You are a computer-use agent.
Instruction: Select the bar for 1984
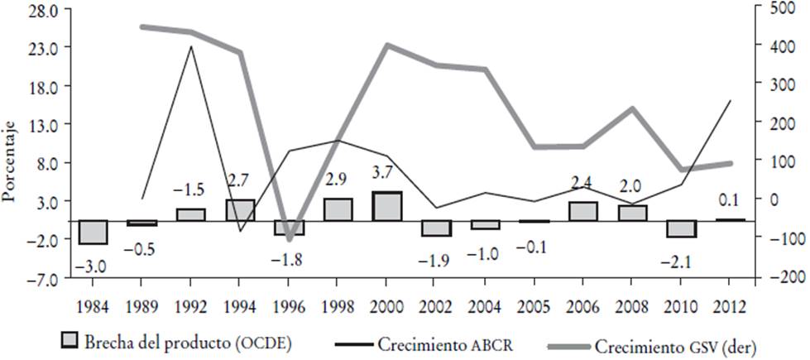click(x=93, y=233)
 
